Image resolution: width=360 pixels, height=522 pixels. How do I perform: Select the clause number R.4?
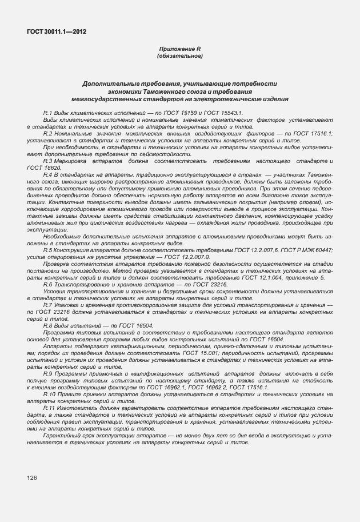click(x=47, y=174)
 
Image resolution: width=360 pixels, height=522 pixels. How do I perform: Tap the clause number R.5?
click(x=47, y=251)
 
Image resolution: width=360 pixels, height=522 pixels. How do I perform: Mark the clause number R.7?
click(x=47, y=306)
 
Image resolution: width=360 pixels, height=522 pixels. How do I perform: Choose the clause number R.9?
click(x=47, y=372)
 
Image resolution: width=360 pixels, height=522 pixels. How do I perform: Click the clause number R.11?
click(x=49, y=408)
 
